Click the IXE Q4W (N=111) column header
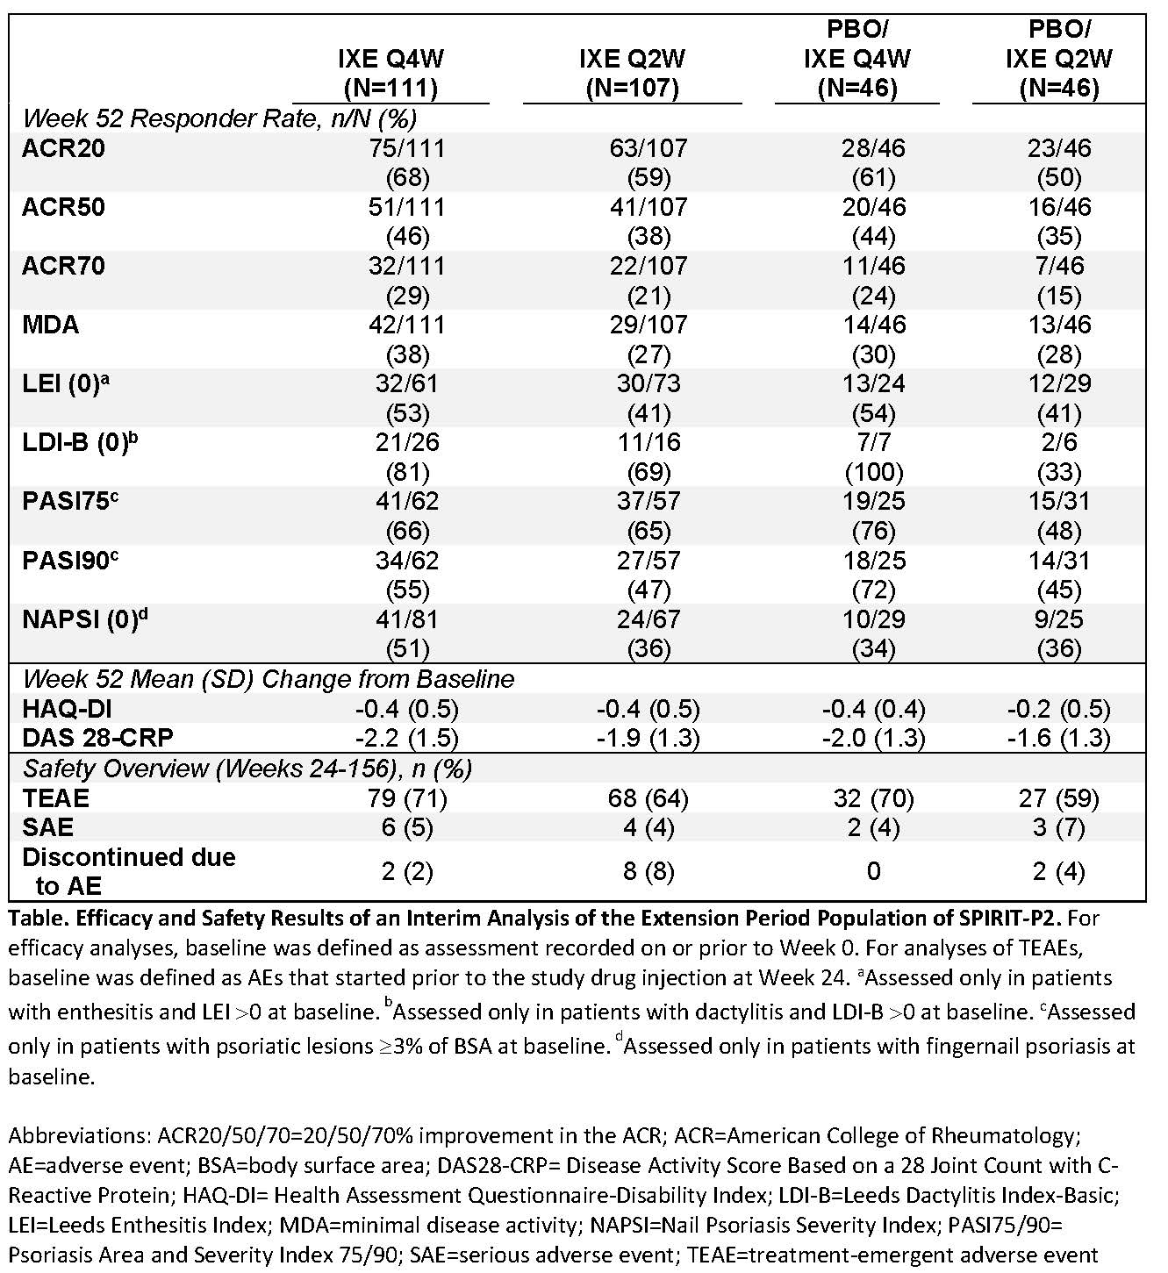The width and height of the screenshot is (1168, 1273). coord(391,73)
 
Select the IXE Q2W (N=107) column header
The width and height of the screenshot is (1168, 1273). coord(632,73)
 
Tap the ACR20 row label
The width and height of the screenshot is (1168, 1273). coord(63,148)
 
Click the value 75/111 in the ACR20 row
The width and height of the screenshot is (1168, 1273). coord(407,148)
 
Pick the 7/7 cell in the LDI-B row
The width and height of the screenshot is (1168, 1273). coord(872,442)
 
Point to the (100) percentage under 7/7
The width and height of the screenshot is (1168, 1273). coord(872,472)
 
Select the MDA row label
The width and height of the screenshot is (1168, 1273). coord(51,325)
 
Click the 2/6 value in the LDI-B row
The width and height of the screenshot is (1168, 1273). coord(1058,442)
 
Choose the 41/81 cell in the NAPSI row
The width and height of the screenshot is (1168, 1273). coord(407,619)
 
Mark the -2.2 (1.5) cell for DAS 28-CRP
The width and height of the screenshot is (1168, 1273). coord(407,738)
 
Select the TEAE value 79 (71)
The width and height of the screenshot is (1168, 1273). coord(407,798)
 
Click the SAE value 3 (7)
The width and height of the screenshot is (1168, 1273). coord(1058,827)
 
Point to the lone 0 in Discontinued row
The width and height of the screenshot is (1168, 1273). coord(872,871)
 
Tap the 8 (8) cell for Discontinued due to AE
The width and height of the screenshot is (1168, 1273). coord(632,871)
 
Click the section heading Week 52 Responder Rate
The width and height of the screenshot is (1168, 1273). coord(219,118)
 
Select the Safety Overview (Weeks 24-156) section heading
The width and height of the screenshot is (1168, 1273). coord(247,769)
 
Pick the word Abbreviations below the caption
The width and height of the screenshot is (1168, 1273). coord(78,1136)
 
